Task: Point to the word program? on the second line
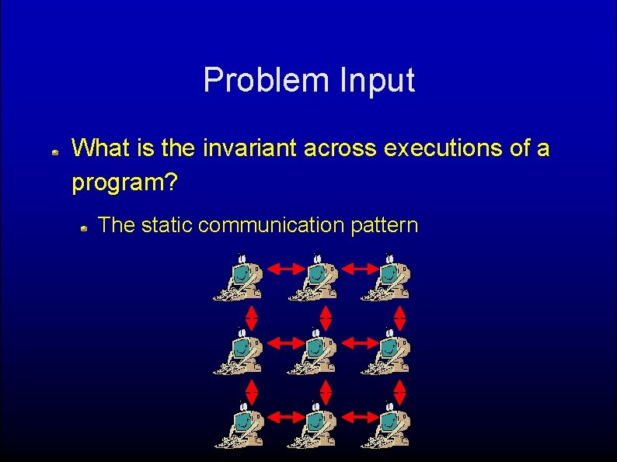point(124,183)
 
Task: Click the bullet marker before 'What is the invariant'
point(56,154)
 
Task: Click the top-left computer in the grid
point(239,278)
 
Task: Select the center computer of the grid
point(312,352)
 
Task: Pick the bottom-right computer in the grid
point(386,426)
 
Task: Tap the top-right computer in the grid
point(386,278)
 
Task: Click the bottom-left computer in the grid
point(239,426)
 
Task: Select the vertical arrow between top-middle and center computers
point(326,318)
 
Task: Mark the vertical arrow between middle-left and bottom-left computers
point(253,392)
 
